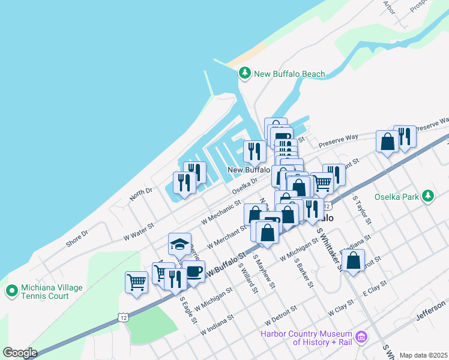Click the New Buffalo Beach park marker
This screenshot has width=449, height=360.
click(244, 74)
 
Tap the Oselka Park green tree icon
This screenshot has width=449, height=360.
click(427, 196)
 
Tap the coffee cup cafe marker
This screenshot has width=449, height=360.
click(193, 271)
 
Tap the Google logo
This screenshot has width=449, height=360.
click(20, 353)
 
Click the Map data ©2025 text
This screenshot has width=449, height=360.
click(424, 355)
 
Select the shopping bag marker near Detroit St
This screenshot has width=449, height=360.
click(354, 262)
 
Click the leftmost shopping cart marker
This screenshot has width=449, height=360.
click(137, 281)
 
